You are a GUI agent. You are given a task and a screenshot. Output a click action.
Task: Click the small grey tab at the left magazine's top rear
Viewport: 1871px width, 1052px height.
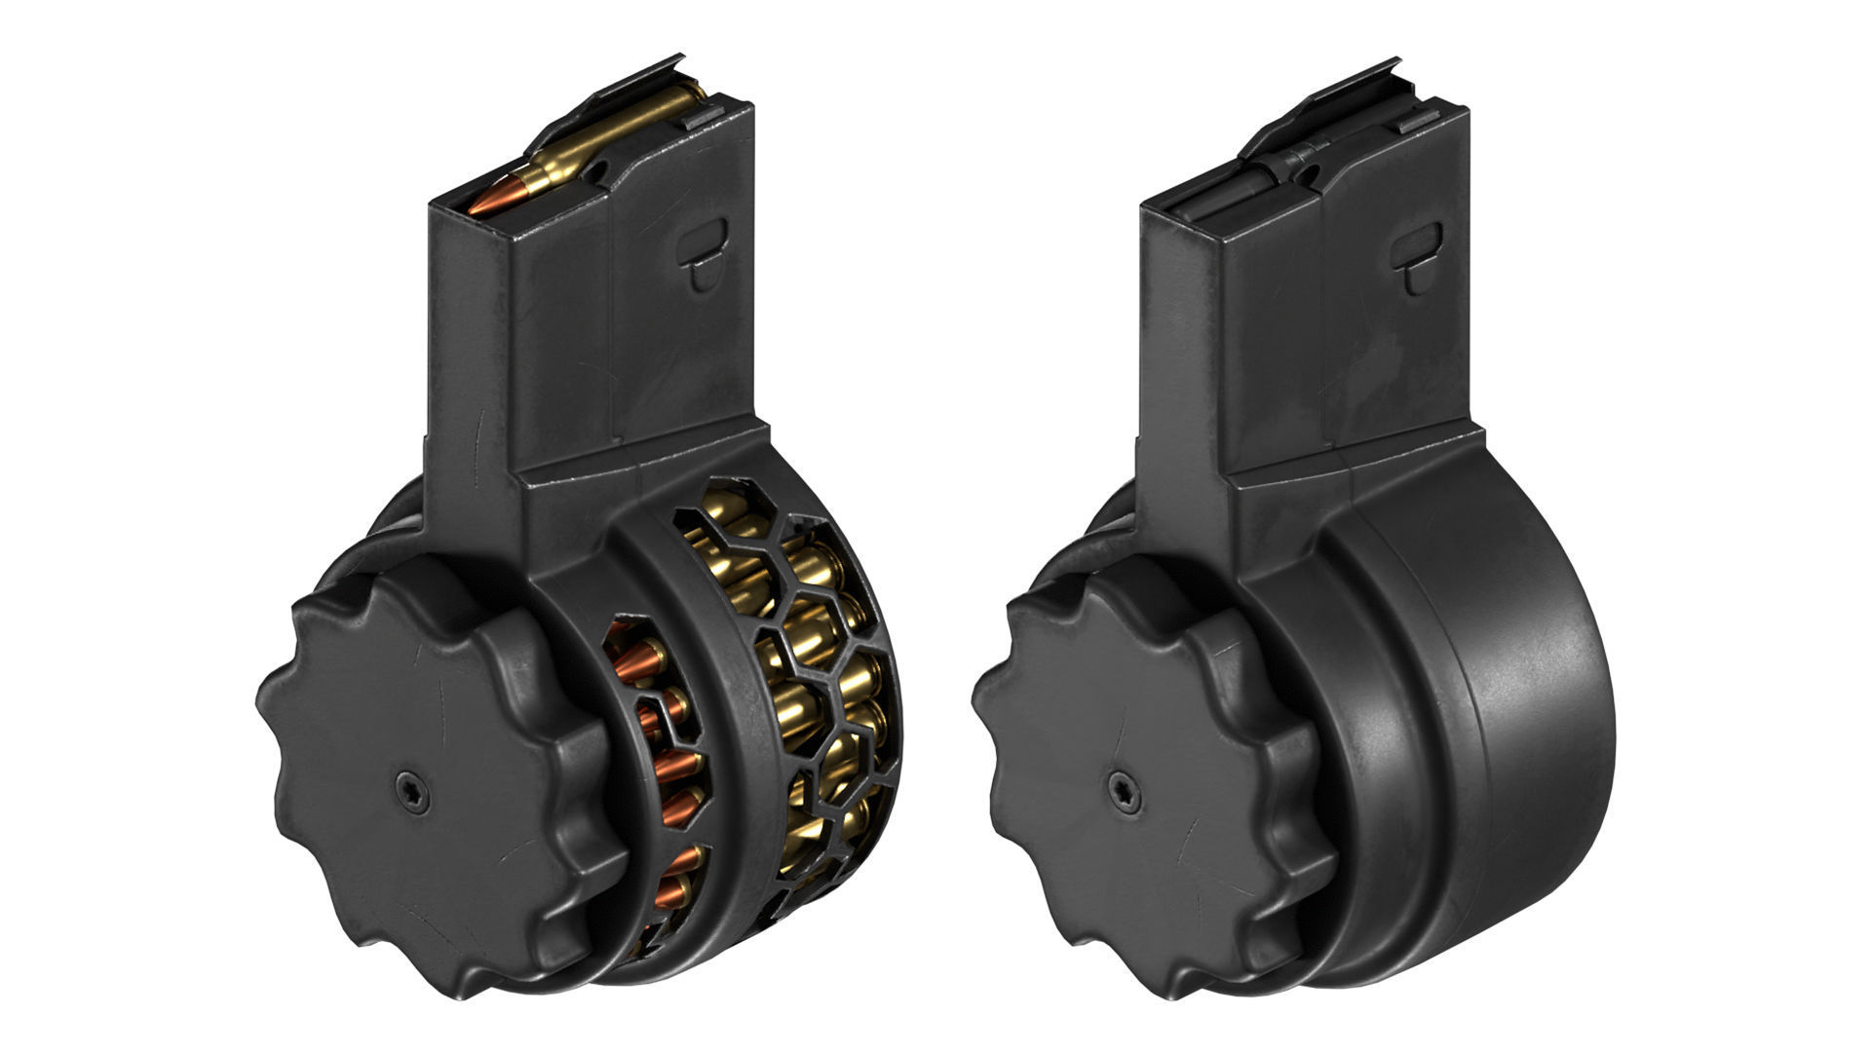[x=704, y=119]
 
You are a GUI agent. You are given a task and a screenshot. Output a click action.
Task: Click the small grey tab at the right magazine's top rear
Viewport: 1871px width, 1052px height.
[x=1417, y=125]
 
